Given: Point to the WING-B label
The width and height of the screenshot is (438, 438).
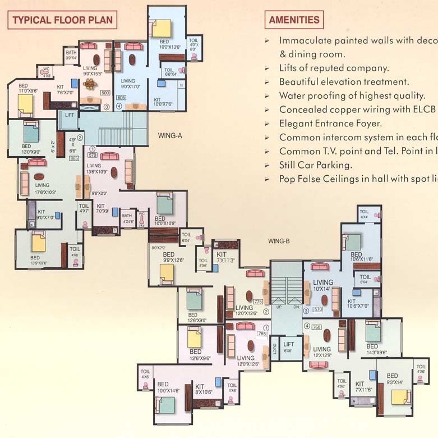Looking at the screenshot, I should coord(278,241).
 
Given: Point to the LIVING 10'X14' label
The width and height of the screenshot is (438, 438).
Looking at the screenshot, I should coord(323,285).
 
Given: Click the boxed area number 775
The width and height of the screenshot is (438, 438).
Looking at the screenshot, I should coord(257,302).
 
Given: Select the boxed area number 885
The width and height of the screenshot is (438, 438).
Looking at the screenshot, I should coord(73,158).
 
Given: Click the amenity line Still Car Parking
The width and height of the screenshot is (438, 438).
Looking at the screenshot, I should coord(315,165).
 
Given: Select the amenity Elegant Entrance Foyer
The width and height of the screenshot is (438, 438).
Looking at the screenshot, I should coord(330,124).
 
